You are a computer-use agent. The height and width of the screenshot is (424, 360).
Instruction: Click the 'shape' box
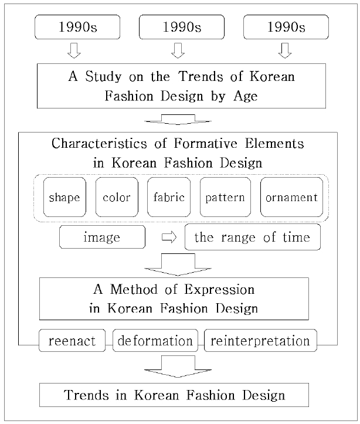(x=64, y=197)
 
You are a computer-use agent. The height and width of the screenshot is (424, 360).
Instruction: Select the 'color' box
(x=117, y=197)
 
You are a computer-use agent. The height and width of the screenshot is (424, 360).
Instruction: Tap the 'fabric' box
(x=169, y=197)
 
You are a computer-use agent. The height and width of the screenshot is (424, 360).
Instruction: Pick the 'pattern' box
(x=225, y=197)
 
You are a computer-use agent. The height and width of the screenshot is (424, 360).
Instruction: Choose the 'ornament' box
(x=291, y=197)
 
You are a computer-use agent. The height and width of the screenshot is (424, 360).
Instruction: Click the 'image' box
(x=102, y=237)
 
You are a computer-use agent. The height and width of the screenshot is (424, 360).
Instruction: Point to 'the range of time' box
(x=253, y=237)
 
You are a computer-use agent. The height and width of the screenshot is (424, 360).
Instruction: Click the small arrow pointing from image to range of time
(x=169, y=238)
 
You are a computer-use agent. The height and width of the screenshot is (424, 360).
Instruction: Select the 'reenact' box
(x=72, y=341)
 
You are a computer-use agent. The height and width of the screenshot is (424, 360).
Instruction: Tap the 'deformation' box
(x=155, y=341)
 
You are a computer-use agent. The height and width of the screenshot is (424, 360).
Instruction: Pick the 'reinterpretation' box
(x=260, y=341)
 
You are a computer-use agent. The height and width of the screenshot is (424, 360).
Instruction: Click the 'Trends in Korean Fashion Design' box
(x=174, y=395)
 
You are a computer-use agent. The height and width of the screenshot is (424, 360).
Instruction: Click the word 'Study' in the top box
(x=104, y=76)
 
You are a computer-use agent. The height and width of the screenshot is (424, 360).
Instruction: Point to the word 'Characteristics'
(x=99, y=143)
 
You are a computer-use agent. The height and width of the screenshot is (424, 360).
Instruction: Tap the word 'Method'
(x=134, y=289)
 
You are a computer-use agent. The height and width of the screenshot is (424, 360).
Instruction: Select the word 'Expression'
(x=219, y=290)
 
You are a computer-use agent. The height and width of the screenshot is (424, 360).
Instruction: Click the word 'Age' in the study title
(x=246, y=97)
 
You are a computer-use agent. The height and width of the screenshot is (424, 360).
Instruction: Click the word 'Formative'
(x=205, y=143)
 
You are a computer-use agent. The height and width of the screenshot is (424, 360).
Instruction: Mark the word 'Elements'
(x=274, y=143)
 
